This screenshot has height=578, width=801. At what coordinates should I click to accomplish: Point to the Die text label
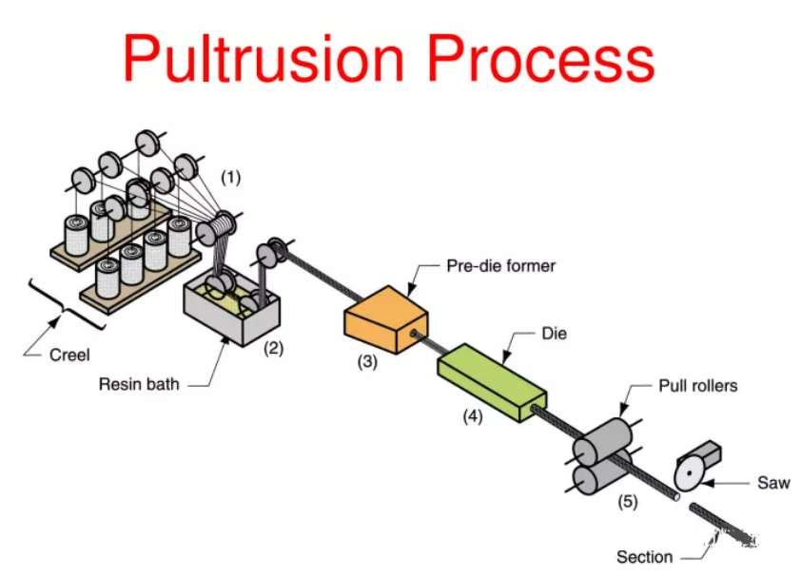tap(555, 335)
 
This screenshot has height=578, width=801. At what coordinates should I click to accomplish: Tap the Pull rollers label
tap(697, 386)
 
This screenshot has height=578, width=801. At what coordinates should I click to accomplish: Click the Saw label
tap(772, 483)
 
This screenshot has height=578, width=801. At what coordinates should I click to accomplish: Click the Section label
tap(644, 557)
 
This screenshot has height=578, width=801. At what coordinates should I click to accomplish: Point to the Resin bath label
tap(138, 385)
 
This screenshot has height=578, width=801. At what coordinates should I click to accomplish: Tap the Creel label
tap(69, 356)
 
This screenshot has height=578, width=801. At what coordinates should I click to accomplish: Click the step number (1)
tap(231, 177)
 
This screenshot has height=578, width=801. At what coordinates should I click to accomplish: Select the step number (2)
tap(273, 348)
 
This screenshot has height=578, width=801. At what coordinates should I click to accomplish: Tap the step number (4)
tap(473, 415)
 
